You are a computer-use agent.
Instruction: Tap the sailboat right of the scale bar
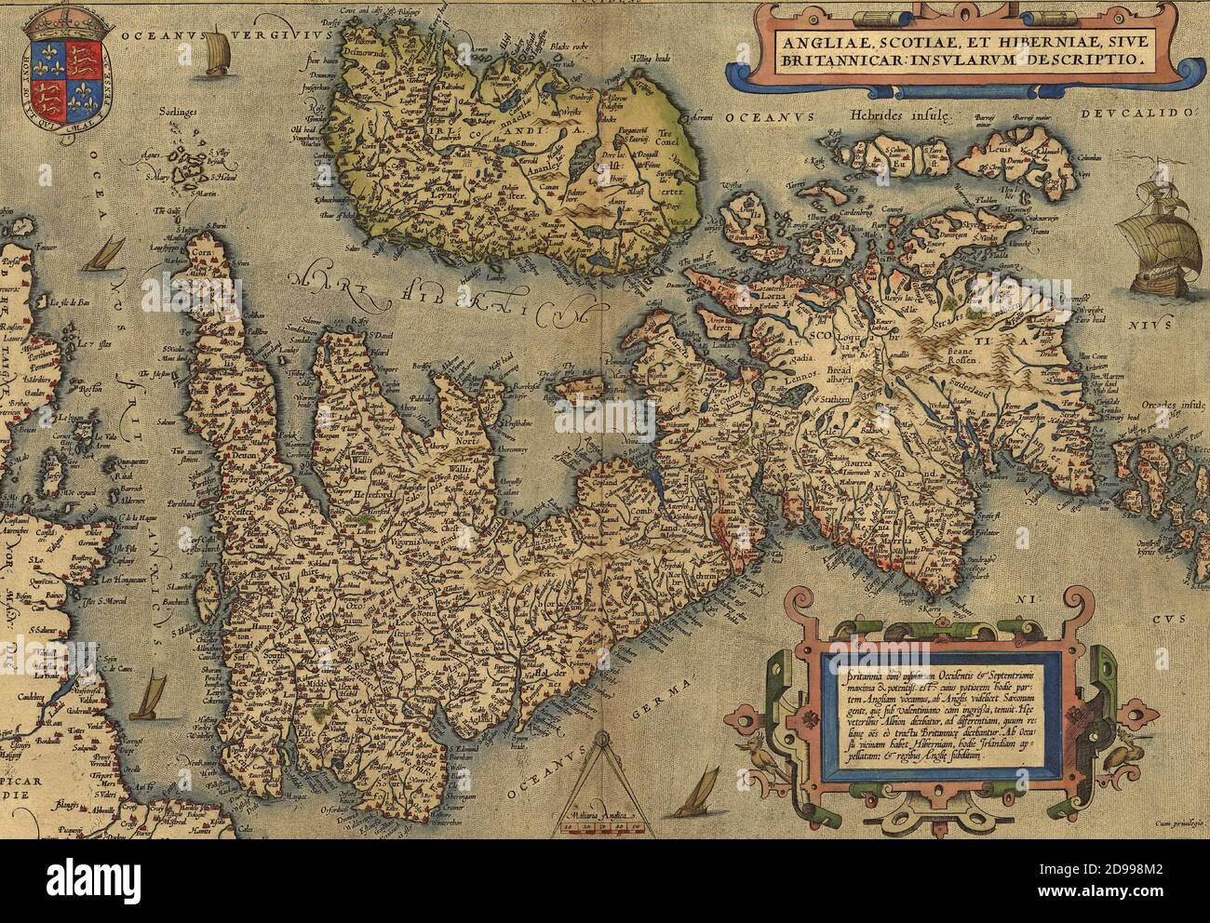(697, 792)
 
